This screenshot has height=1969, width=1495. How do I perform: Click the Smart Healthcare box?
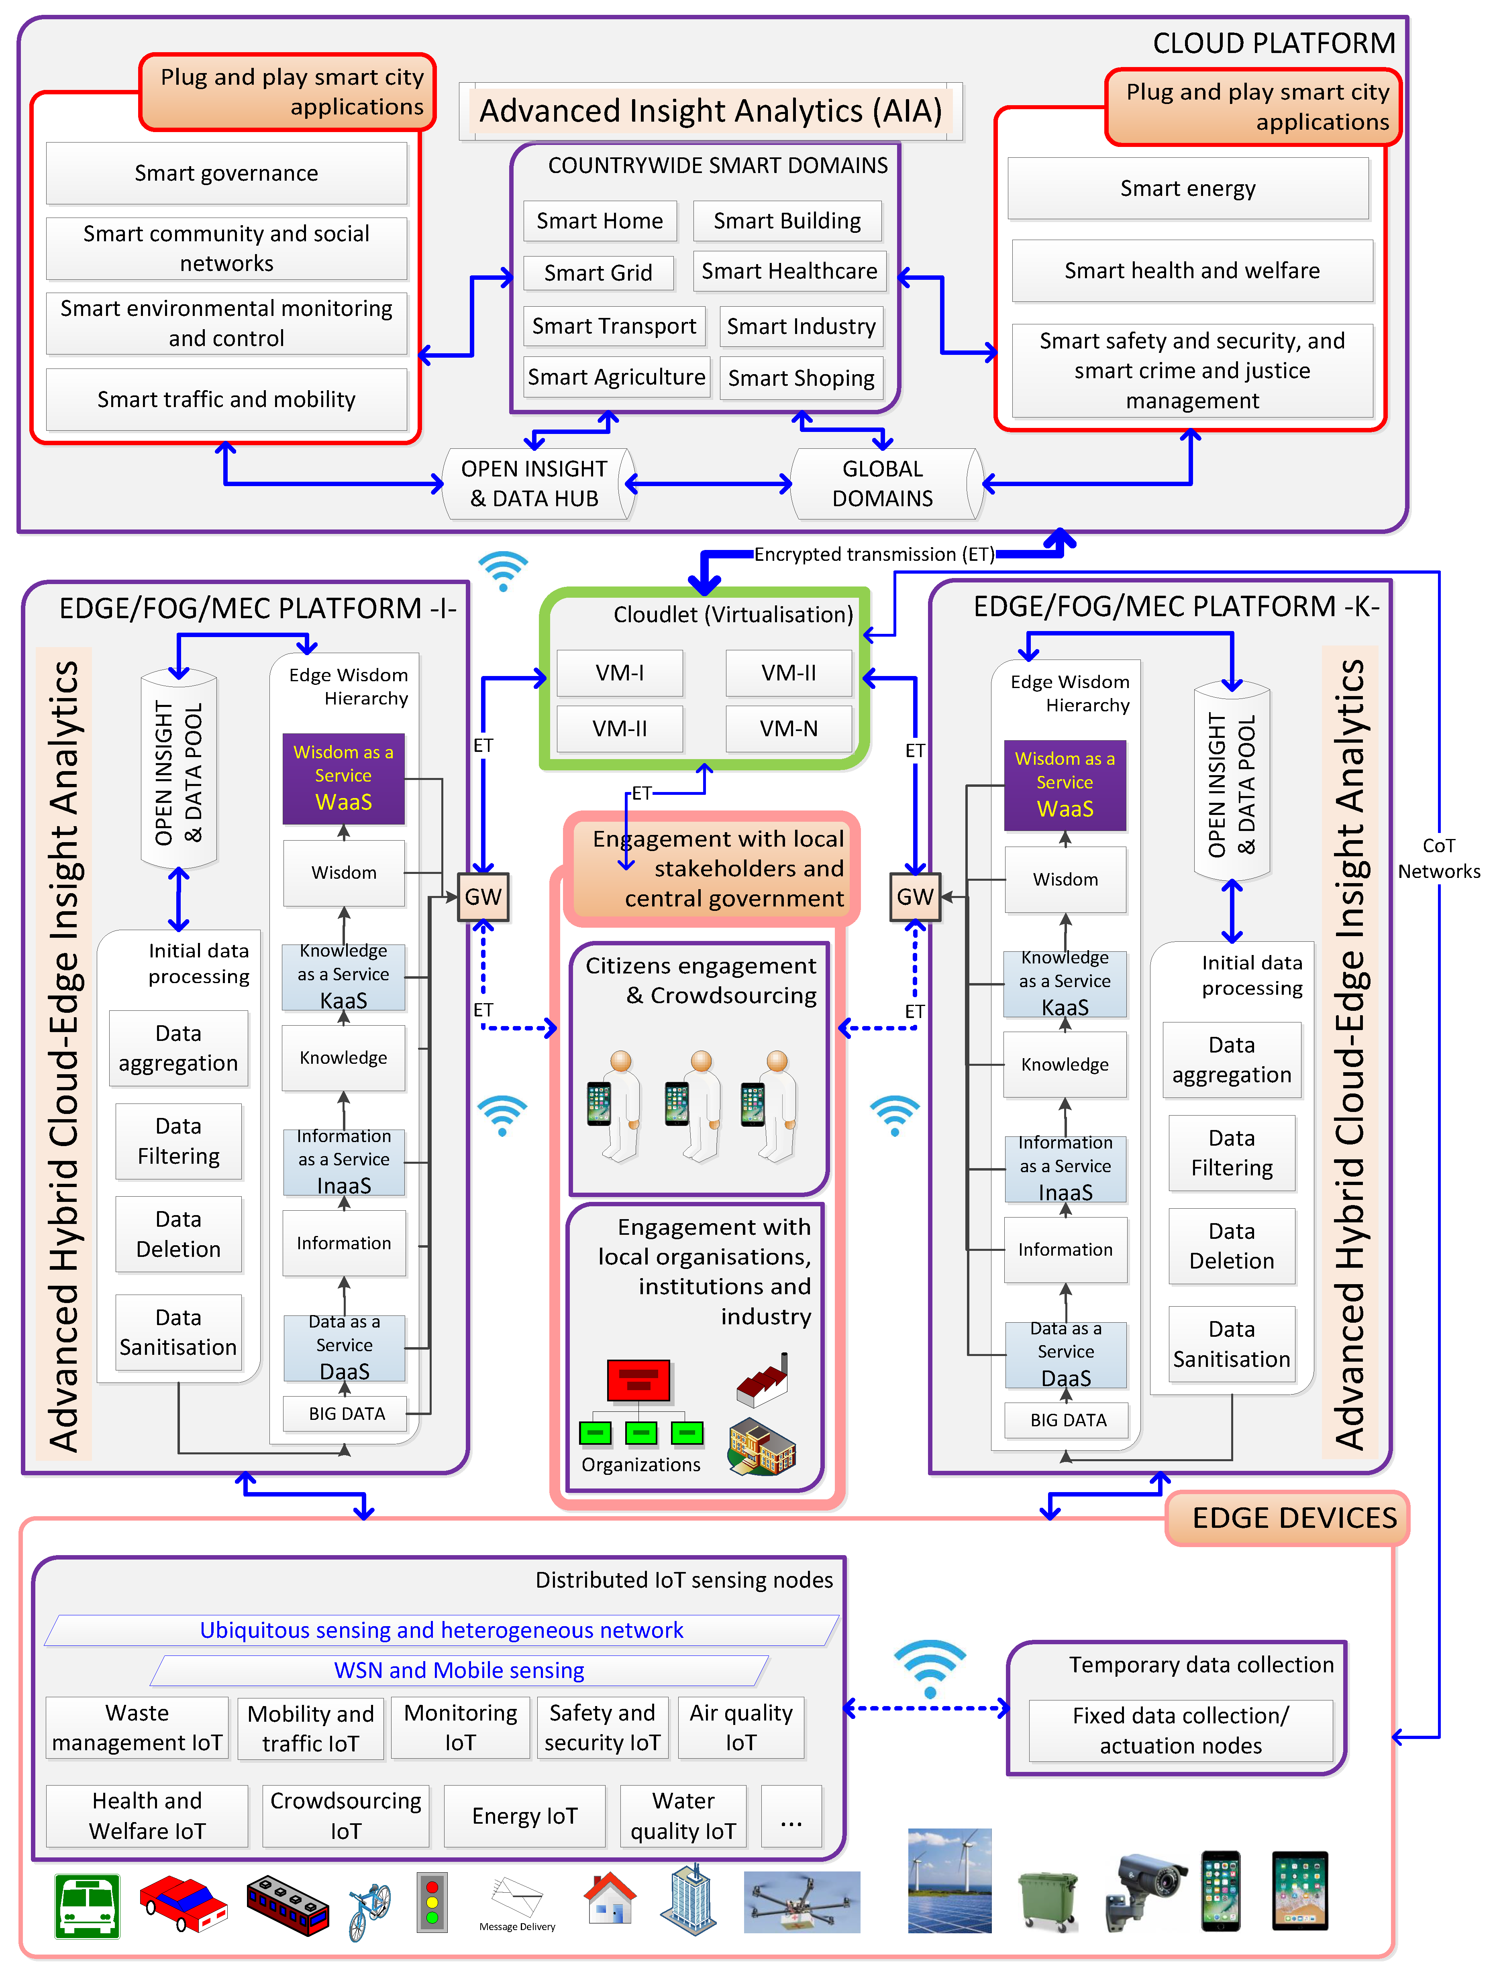click(789, 271)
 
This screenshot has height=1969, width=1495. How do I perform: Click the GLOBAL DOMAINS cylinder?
click(883, 483)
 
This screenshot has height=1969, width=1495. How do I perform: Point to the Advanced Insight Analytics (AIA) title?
click(710, 111)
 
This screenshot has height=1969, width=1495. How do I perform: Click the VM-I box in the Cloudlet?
click(620, 673)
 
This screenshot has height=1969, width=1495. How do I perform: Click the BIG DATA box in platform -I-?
click(347, 1413)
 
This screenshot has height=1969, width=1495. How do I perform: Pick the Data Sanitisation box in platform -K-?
click(1232, 1344)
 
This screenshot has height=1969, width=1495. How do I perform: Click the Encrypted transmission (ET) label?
click(873, 554)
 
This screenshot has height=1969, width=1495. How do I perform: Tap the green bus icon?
click(87, 1906)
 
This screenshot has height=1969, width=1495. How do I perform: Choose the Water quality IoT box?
click(683, 1816)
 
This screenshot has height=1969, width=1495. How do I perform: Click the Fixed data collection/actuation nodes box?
click(1181, 1731)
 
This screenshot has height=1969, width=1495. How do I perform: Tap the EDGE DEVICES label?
click(1294, 1518)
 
